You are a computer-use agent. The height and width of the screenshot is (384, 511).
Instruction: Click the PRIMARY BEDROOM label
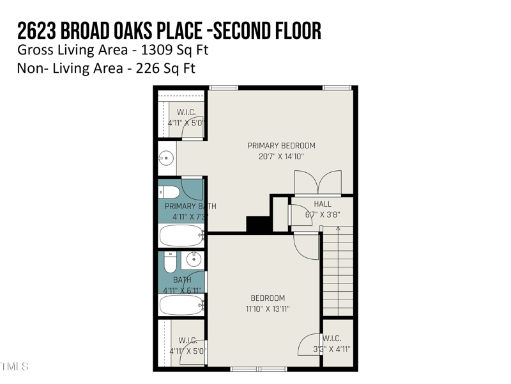tap(281, 145)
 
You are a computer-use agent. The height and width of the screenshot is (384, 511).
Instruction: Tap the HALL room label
tap(323, 204)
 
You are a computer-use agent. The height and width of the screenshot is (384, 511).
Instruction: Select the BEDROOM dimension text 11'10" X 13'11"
tap(268, 308)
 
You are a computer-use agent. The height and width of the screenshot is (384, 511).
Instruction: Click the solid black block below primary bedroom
tap(259, 225)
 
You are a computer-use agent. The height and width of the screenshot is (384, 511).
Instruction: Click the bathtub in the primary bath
tap(181, 236)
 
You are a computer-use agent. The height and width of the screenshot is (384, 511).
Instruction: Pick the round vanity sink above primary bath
tap(167, 157)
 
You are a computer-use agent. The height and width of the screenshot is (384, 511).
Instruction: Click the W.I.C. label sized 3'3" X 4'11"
tap(332, 339)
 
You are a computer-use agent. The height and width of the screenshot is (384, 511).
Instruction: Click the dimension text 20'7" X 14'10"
tap(281, 156)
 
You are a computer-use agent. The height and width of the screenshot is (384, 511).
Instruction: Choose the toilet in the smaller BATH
tap(170, 262)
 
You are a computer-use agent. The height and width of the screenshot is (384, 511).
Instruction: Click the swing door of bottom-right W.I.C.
tap(309, 342)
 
